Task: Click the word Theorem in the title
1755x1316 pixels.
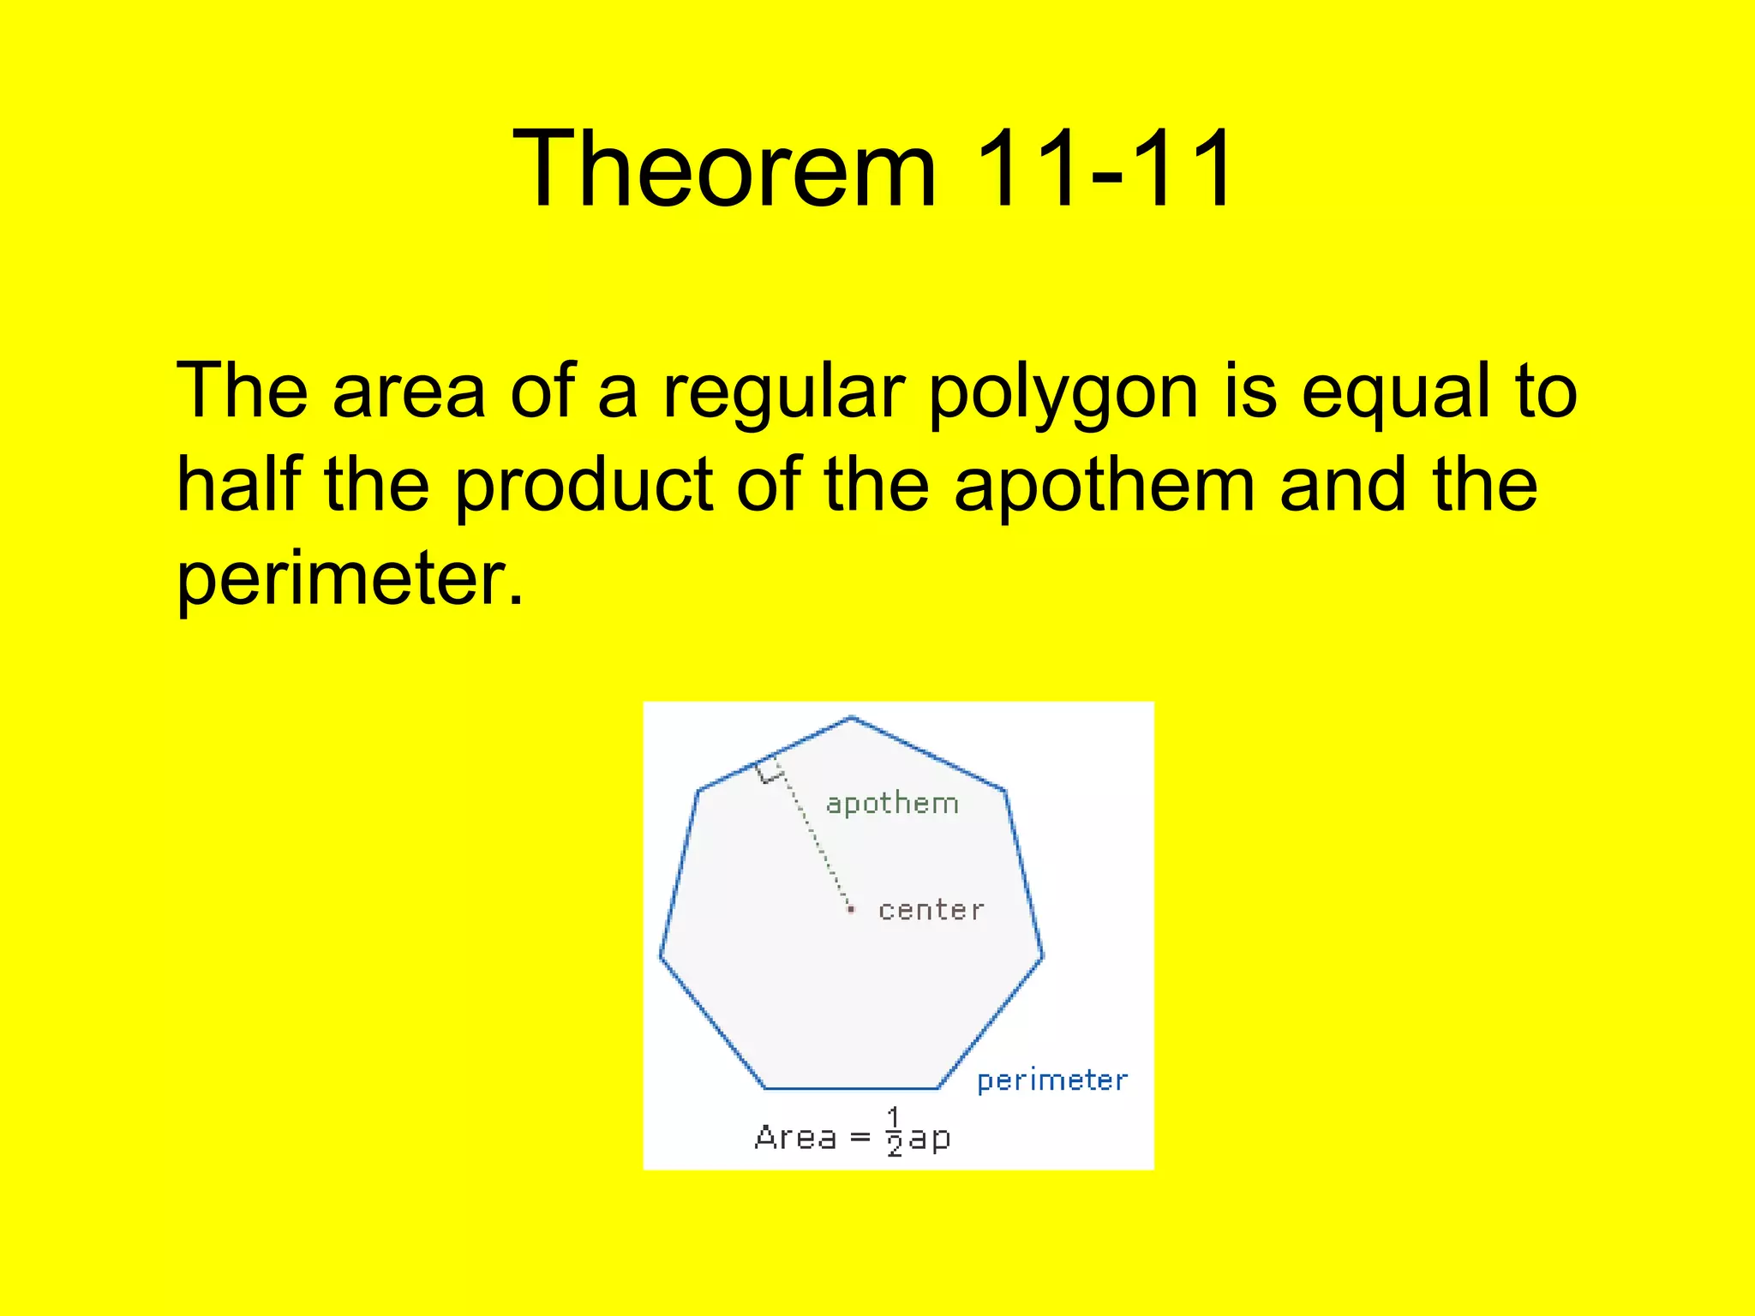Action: [724, 169]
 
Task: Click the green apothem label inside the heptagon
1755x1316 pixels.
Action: [892, 804]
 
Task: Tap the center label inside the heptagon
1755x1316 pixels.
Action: [931, 910]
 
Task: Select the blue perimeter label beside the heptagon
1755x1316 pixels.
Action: [1052, 1081]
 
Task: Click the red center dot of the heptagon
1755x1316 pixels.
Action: [851, 909]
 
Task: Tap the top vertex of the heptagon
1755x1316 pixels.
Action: [851, 718]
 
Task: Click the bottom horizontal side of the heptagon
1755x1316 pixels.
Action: [851, 1089]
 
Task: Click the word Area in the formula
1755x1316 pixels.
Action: [795, 1138]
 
